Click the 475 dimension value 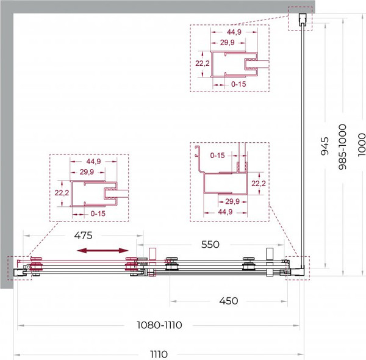pyautogui.click(x=84, y=236)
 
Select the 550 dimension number pyautogui.click(x=210, y=245)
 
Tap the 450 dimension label pyautogui.click(x=229, y=301)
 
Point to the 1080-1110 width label pyautogui.click(x=159, y=325)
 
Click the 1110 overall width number pyautogui.click(x=159, y=355)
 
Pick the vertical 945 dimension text pyautogui.click(x=325, y=146)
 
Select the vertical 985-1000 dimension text pyautogui.click(x=343, y=146)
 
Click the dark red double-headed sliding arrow pyautogui.click(x=102, y=251)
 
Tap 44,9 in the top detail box pyautogui.click(x=234, y=32)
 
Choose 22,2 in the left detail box pyautogui.click(x=62, y=193)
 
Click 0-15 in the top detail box pyautogui.click(x=239, y=84)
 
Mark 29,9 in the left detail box pyautogui.click(x=87, y=172)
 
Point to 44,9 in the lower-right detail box pyautogui.click(x=225, y=212)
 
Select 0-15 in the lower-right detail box pyautogui.click(x=217, y=155)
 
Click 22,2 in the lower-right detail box pyautogui.click(x=259, y=184)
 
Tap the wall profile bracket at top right pyautogui.click(x=303, y=20)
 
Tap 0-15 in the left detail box pyautogui.click(x=98, y=214)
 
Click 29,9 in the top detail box pyautogui.click(x=228, y=43)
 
